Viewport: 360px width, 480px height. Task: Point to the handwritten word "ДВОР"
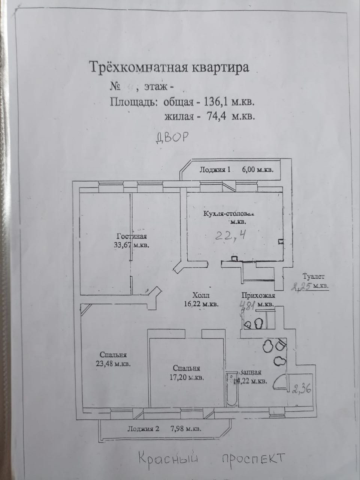pyautogui.click(x=171, y=138)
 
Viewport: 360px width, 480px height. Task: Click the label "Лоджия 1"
pyautogui.click(x=215, y=169)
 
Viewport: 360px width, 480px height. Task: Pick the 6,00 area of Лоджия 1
pyautogui.click(x=249, y=169)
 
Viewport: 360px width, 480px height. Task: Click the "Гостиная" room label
pyautogui.click(x=131, y=237)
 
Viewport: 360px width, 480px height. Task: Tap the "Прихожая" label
pyautogui.click(x=258, y=295)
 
